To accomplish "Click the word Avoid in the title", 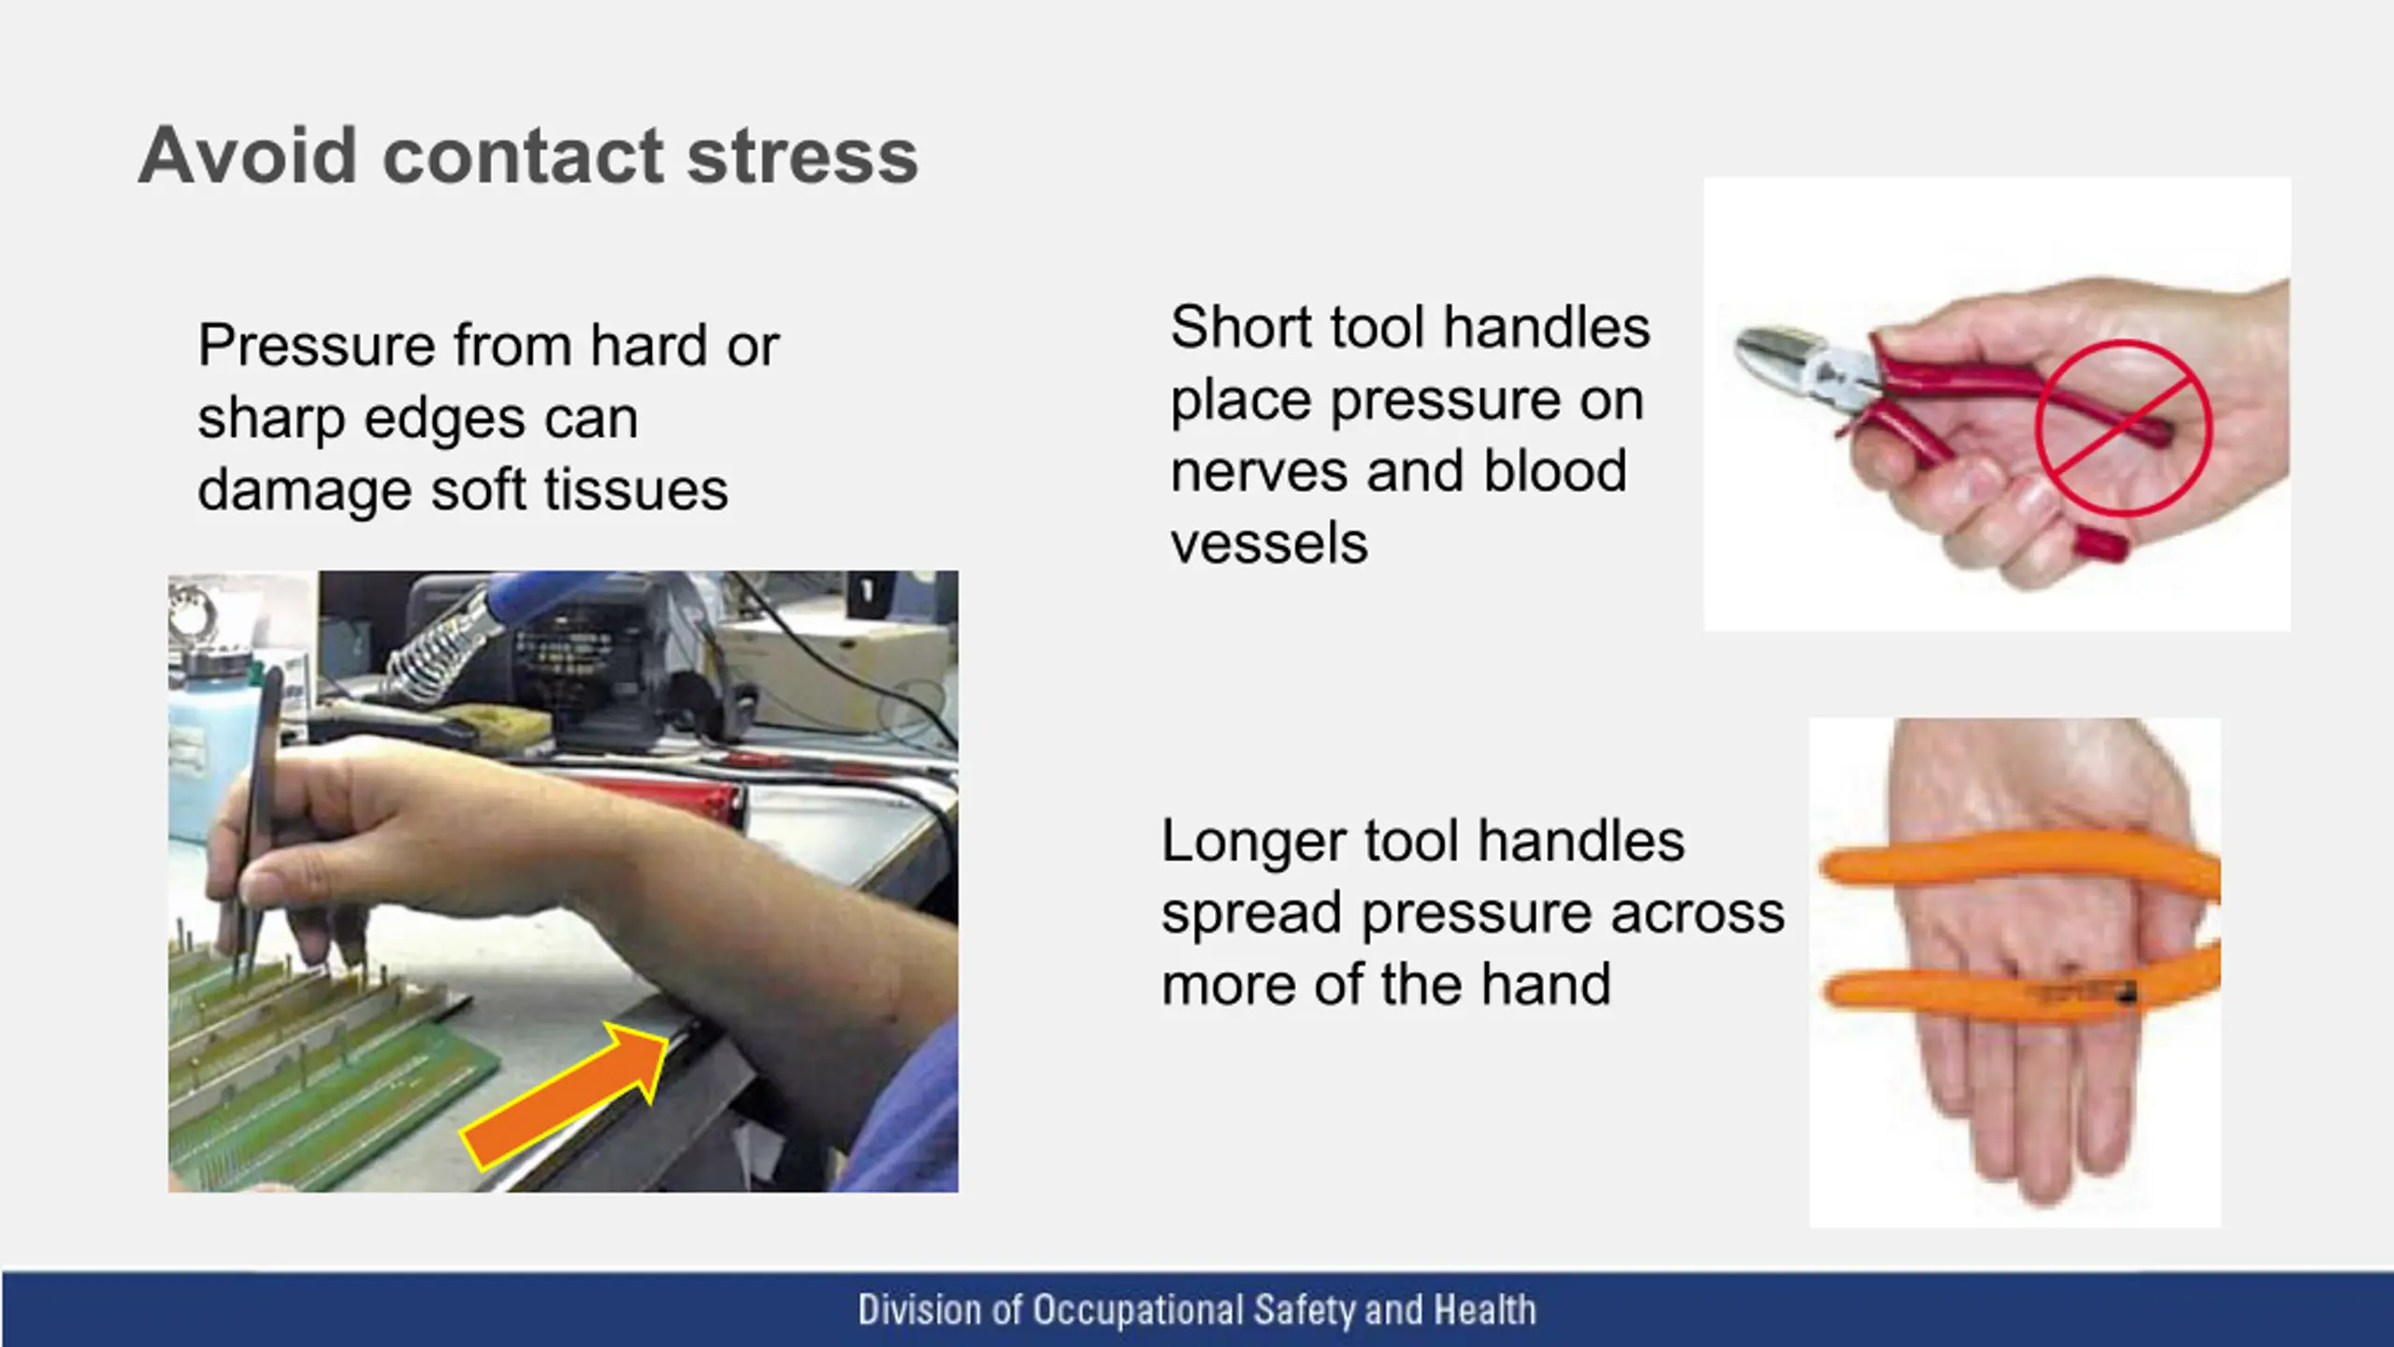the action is click(248, 155).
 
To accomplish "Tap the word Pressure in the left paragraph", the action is click(317, 345).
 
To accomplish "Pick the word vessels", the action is click(1269, 544).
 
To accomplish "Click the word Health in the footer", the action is click(1485, 1310).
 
